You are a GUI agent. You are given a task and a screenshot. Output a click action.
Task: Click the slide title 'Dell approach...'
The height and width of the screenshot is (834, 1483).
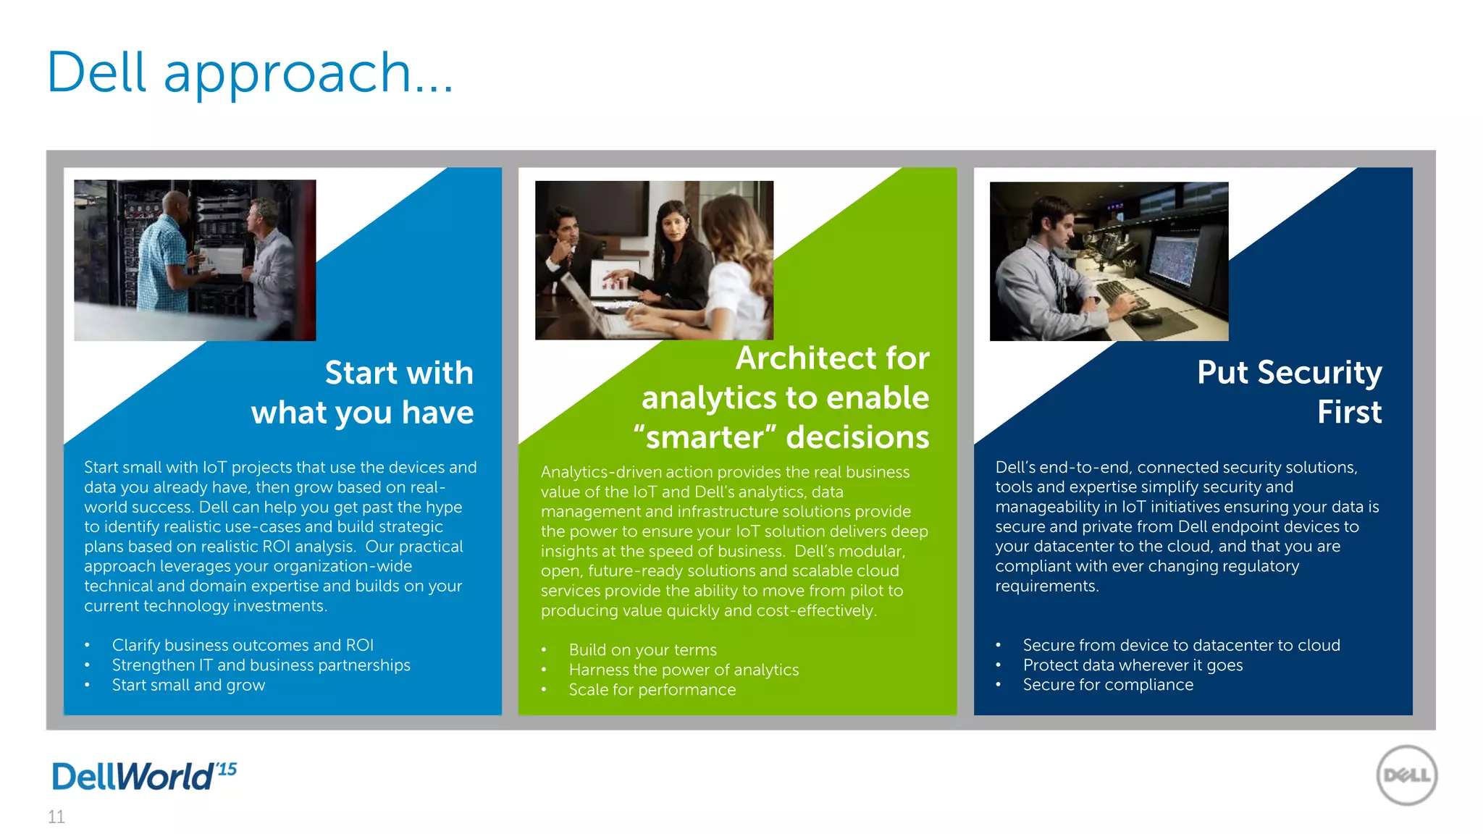coord(250,73)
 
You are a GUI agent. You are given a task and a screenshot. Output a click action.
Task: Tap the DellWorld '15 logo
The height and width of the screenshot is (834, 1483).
coord(144,776)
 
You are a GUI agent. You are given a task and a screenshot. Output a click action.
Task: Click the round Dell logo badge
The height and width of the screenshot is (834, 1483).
coord(1406,775)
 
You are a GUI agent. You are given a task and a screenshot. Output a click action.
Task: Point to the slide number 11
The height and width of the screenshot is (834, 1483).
coord(56,817)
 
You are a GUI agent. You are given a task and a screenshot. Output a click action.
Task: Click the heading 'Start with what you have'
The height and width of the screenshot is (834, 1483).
coord(362,392)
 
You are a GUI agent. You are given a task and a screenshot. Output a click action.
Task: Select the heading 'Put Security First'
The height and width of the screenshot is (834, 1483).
coord(1289,392)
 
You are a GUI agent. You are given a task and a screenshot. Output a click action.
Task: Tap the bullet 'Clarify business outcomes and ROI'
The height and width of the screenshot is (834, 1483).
coord(243,645)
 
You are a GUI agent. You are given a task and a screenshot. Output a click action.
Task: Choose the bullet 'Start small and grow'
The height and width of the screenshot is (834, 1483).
coord(188,685)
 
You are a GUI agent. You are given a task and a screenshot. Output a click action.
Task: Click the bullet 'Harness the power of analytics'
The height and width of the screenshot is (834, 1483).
coord(684,670)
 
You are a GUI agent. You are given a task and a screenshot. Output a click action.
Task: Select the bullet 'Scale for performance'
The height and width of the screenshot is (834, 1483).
coord(652,690)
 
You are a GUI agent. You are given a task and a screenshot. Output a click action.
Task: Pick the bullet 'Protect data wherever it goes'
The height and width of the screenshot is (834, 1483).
coord(1133,665)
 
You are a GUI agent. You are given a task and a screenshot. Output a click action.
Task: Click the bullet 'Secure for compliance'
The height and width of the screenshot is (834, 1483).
coord(1108,685)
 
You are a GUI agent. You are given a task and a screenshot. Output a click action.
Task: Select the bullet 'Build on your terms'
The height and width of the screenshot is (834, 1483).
coord(642,650)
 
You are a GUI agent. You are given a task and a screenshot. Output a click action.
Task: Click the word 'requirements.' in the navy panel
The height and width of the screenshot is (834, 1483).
coord(1046,586)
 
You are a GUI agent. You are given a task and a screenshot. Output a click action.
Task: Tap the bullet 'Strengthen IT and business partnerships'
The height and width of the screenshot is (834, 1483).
coord(261,665)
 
